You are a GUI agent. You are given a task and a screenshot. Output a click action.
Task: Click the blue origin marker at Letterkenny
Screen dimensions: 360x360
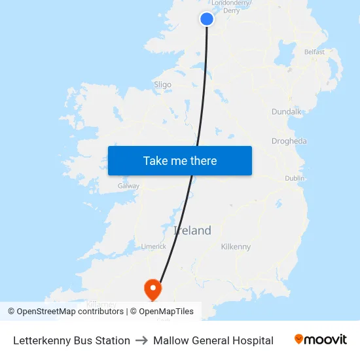tap(207, 19)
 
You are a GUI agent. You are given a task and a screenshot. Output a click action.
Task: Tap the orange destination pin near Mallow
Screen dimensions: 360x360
tap(153, 288)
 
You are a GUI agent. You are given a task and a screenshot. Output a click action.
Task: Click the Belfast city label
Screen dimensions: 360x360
tap(314, 52)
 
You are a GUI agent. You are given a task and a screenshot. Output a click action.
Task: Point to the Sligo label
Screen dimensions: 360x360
tap(162, 84)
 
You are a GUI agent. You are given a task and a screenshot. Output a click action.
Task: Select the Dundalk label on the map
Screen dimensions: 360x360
tap(286, 112)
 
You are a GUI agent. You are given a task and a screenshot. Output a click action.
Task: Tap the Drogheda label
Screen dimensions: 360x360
tap(289, 141)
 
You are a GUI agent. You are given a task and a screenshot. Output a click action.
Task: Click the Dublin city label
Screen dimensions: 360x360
tap(295, 178)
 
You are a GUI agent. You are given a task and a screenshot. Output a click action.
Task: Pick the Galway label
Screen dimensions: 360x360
tap(128, 186)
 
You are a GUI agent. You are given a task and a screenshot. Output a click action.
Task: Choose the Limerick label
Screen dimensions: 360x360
tap(154, 246)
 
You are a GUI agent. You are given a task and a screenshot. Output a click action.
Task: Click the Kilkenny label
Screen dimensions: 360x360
tap(236, 247)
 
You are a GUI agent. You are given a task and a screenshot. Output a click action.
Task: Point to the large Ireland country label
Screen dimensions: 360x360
tap(192, 230)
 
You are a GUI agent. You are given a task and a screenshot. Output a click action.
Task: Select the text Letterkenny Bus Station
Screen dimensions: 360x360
tap(71, 340)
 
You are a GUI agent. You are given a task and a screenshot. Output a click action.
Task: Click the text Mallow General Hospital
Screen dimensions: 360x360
tap(213, 340)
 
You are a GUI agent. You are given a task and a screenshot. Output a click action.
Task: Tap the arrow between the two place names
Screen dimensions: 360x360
tap(141, 340)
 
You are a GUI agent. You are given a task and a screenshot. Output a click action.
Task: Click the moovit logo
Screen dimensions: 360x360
tap(320, 340)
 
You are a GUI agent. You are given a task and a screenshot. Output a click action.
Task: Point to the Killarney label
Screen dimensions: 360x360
tap(101, 304)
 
